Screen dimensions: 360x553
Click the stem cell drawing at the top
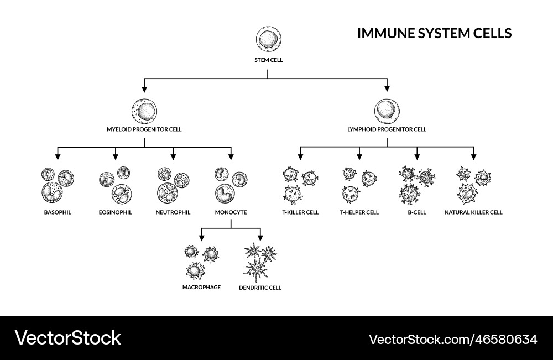pos(269,40)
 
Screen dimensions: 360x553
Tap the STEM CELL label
pos(269,60)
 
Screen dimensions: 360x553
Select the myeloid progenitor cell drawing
pos(145,111)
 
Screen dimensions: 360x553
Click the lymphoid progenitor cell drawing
pos(387,111)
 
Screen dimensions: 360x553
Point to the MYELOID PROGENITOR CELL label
pos(144,129)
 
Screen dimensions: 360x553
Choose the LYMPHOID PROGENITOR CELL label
pos(387,129)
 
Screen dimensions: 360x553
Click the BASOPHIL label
pos(58,212)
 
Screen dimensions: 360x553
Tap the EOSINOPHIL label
pos(115,212)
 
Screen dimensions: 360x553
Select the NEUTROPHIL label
pos(173,212)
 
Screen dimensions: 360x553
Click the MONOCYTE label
pos(231,212)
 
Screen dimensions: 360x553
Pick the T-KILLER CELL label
pos(300,212)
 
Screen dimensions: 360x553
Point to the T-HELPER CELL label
pos(359,212)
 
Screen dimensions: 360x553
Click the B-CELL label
pos(417,212)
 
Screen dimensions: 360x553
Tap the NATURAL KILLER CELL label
pos(473,212)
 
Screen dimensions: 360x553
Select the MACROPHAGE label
pos(201,287)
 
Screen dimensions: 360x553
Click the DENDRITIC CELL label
pos(260,288)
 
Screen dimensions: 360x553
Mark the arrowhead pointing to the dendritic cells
pos(260,237)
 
